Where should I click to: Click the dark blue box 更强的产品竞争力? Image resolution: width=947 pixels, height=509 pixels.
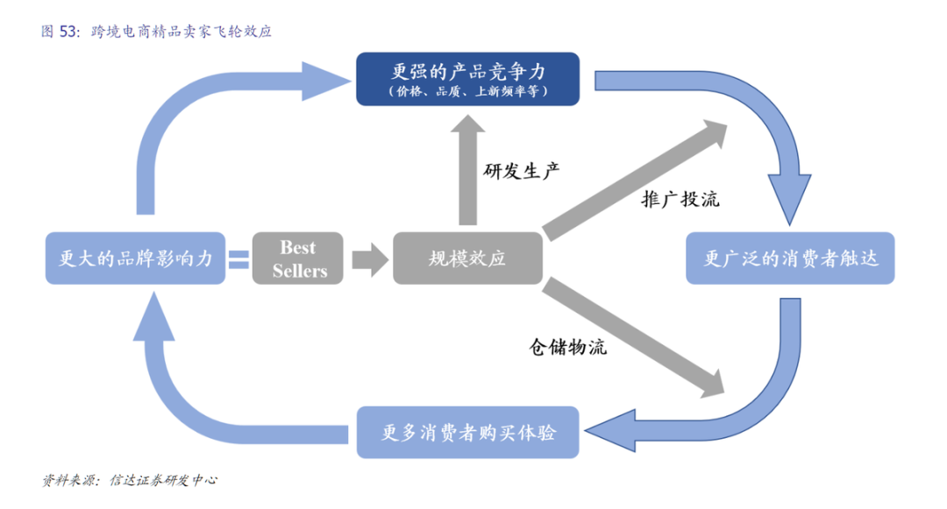click(x=467, y=78)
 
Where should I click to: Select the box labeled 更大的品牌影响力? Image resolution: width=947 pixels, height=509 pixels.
click(x=135, y=258)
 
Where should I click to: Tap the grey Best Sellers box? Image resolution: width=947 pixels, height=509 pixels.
click(x=299, y=258)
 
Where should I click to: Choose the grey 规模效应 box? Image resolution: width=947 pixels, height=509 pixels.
click(x=467, y=258)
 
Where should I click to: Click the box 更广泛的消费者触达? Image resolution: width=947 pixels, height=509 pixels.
click(x=790, y=258)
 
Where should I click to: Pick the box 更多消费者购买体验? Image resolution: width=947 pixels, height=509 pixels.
click(x=467, y=432)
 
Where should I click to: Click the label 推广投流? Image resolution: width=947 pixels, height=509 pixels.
click(x=680, y=199)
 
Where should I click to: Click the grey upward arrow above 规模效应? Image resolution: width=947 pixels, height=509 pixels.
click(x=467, y=171)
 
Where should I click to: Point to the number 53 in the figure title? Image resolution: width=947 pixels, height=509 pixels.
click(x=68, y=32)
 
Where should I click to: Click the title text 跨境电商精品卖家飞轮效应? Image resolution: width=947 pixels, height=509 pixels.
click(x=182, y=32)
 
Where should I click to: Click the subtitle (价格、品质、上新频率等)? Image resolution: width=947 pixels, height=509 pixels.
click(x=467, y=90)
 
